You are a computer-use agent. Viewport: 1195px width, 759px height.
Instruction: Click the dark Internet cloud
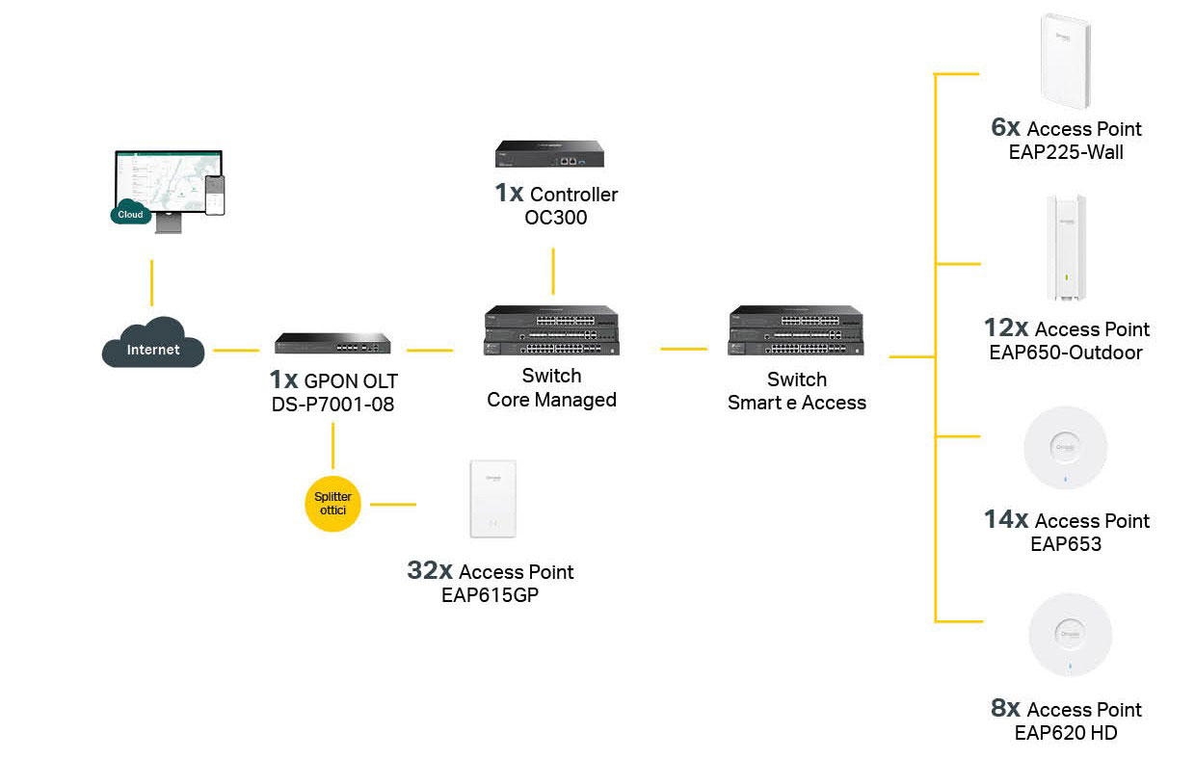153,343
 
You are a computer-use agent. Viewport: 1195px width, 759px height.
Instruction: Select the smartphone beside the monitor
215,196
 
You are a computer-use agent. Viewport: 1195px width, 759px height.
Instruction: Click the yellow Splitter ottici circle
332,504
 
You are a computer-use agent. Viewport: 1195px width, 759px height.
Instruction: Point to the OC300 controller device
549,153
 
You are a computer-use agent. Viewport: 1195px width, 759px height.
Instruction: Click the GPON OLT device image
332,343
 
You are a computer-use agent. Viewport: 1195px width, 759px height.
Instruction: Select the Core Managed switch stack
551,330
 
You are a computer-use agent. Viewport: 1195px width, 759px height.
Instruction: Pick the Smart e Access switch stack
796,330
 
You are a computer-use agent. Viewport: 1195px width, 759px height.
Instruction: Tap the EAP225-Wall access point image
1066,62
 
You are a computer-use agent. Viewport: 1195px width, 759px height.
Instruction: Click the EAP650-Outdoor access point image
1066,248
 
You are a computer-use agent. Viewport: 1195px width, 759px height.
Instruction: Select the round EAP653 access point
1065,448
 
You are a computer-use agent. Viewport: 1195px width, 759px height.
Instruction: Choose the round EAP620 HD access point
1070,635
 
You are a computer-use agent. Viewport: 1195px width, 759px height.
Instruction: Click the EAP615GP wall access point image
493,499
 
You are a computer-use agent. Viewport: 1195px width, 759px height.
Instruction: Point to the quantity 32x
430,570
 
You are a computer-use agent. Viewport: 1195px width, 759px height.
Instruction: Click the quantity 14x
1005,519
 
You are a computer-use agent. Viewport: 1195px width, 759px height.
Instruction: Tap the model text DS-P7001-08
332,405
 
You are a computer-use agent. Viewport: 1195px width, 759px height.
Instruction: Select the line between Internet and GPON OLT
236,351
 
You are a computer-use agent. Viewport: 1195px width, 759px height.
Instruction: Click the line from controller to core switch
553,271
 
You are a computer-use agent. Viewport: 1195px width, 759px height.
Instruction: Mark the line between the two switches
684,349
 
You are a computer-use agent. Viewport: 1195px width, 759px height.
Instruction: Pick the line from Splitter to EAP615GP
393,504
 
